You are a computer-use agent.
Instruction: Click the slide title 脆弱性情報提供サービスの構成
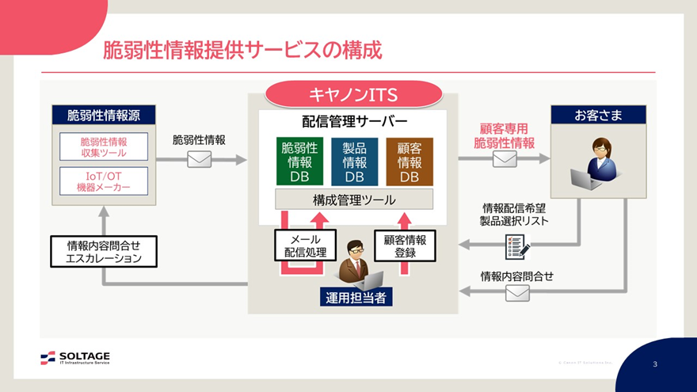coord(242,51)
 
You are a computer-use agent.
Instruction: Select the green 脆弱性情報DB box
coord(299,162)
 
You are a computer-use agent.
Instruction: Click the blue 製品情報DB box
coord(354,162)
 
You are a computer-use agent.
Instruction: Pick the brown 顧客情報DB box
coord(409,162)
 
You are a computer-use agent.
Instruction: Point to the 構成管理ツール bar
coord(354,200)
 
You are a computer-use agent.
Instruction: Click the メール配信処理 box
coord(305,245)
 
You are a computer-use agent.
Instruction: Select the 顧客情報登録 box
coord(405,245)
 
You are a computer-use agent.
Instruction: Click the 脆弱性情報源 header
coord(104,115)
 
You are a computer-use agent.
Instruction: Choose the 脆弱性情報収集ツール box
coord(104,147)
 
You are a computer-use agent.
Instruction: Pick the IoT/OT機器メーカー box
coord(104,181)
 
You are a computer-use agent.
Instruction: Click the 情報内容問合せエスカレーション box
coord(105,252)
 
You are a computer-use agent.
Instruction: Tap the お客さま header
coord(598,115)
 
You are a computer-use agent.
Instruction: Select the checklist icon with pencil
coord(516,247)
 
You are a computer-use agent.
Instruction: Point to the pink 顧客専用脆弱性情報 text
coord(504,135)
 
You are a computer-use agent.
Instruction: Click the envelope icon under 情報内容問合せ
coord(517,293)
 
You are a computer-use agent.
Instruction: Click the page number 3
coord(655,364)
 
